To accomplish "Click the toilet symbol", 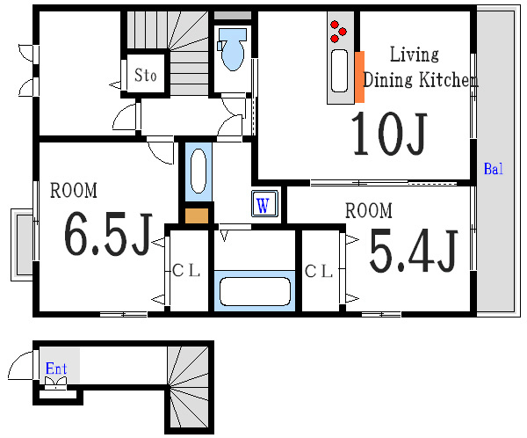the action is (232, 49).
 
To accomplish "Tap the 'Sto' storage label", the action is (146, 75).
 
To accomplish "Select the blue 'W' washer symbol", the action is (264, 204).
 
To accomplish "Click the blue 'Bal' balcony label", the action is (494, 169).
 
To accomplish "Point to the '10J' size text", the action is (389, 134).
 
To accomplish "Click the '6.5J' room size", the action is (107, 234).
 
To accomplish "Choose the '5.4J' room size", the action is (414, 251).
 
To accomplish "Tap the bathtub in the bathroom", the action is (255, 291).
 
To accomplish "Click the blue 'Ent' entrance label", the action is (56, 369).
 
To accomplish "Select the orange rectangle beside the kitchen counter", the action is (359, 77).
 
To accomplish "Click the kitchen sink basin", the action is (339, 70).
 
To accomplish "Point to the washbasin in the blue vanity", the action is (199, 171).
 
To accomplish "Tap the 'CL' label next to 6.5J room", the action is (186, 270).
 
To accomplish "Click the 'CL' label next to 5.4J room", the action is (319, 271).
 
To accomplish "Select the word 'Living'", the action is (414, 55).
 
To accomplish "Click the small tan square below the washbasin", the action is (197, 215).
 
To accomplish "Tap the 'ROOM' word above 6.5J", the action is (74, 190).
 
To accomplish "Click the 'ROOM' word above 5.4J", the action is (369, 210).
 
